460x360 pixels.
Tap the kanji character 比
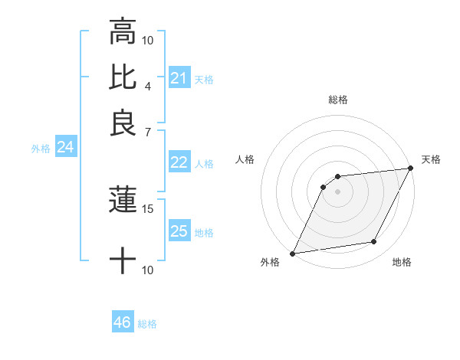pyautogui.click(x=123, y=77)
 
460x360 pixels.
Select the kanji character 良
pyautogui.click(x=123, y=123)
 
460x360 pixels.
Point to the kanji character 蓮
pyautogui.click(x=123, y=201)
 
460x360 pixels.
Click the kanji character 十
pyautogui.click(x=123, y=261)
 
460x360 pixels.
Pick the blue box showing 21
pyautogui.click(x=179, y=78)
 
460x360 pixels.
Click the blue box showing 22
pyautogui.click(x=179, y=162)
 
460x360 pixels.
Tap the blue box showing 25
pyautogui.click(x=179, y=231)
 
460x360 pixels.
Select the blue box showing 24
pyautogui.click(x=65, y=148)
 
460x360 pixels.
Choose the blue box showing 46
pyautogui.click(x=123, y=322)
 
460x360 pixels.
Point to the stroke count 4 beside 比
pyautogui.click(x=148, y=85)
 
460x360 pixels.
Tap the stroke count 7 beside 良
pyautogui.click(x=148, y=132)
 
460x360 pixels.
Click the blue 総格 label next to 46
pyautogui.click(x=147, y=324)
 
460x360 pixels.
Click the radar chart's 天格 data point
pyautogui.click(x=411, y=169)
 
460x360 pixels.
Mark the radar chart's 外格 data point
pyautogui.click(x=292, y=254)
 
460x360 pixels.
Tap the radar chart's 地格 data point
pyautogui.click(x=374, y=242)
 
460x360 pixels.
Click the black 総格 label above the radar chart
pyautogui.click(x=337, y=100)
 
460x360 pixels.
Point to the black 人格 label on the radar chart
pyautogui.click(x=245, y=159)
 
